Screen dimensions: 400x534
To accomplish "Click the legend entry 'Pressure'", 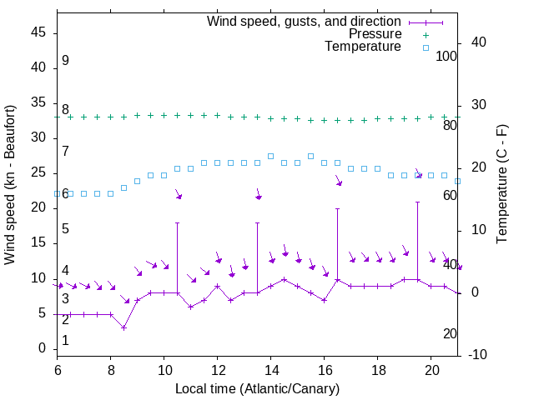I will [375, 34].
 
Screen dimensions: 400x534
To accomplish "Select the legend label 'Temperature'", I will [363, 47].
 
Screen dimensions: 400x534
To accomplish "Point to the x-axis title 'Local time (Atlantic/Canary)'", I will [258, 389].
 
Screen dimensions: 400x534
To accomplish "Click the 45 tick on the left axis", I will [39, 33].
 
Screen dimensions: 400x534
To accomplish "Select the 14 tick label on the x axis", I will [270, 369].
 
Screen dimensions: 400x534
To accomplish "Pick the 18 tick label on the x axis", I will [377, 369].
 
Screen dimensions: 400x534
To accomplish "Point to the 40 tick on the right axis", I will [474, 42].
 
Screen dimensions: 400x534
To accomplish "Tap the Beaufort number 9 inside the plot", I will [65, 61].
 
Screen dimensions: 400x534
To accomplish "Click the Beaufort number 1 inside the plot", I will [65, 341].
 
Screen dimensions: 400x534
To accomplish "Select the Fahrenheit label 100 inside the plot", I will [447, 57].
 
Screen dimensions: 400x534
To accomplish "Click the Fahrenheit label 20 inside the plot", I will [451, 334].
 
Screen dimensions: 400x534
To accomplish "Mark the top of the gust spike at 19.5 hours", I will [418, 202].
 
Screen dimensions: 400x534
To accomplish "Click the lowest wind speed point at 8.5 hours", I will [123, 327].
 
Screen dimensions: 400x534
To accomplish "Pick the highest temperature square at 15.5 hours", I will [310, 156].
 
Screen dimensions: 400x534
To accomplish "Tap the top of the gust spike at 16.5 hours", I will [338, 209].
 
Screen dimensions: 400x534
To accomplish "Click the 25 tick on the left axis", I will [39, 173].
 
